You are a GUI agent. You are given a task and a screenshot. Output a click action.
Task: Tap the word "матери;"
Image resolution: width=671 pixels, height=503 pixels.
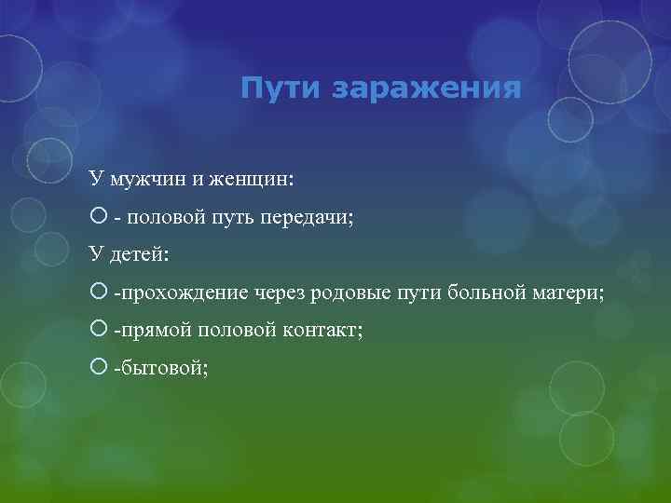click(568, 293)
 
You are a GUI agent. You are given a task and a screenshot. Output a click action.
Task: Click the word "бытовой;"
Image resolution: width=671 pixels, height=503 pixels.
click(160, 369)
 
